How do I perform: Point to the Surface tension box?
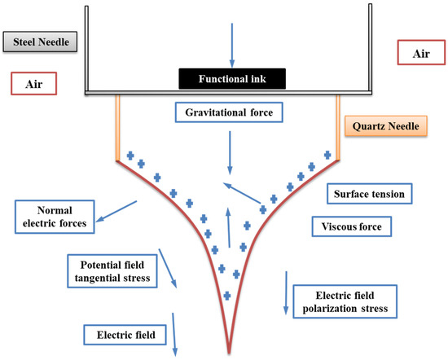[371, 194]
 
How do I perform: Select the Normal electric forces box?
[47, 213]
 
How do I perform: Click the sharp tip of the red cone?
[229, 352]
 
